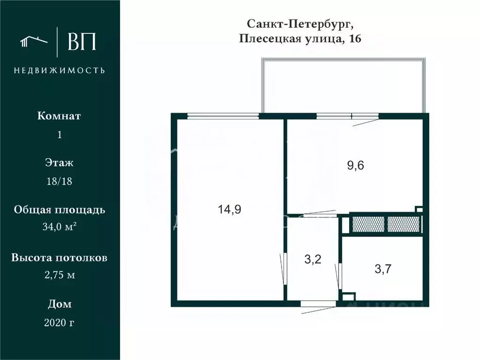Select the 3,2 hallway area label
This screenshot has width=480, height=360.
point(312,259)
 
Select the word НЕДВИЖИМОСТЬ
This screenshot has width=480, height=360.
point(59,70)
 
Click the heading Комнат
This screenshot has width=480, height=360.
point(59,116)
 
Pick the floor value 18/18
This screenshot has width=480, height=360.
point(59,182)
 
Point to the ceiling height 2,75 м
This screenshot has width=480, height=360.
point(59,275)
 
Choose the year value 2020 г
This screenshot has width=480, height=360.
point(59,322)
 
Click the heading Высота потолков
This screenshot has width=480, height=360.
point(59,258)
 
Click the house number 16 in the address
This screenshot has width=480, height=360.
point(355,39)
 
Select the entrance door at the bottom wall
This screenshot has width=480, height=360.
point(318,304)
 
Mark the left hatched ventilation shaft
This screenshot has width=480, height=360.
point(368,224)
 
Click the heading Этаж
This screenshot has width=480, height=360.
point(59,163)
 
